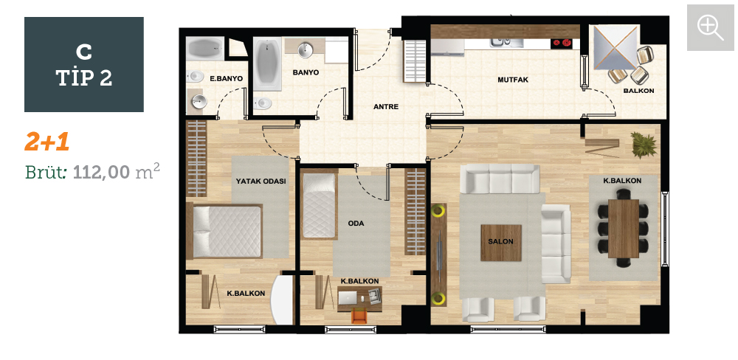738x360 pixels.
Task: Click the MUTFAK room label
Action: [x=513, y=80]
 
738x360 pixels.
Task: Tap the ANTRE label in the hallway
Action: [x=386, y=107]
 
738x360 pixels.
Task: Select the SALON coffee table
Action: [x=501, y=243]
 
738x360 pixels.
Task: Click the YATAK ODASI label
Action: [x=261, y=181]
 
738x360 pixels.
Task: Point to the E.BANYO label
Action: [x=227, y=79]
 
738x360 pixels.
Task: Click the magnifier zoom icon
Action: [x=710, y=28]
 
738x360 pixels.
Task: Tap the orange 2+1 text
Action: [x=47, y=142]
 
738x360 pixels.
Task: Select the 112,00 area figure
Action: [x=101, y=172]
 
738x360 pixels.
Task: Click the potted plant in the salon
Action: [x=644, y=144]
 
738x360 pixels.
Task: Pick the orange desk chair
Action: [x=359, y=316]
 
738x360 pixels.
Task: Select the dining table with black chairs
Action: [x=623, y=228]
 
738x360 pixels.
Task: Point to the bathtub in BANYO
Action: [x=267, y=63]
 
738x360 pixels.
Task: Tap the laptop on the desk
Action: [x=348, y=297]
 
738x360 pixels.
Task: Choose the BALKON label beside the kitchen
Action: [x=638, y=91]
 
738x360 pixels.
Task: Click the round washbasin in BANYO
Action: [x=306, y=49]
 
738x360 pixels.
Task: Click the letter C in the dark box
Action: [x=84, y=52]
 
